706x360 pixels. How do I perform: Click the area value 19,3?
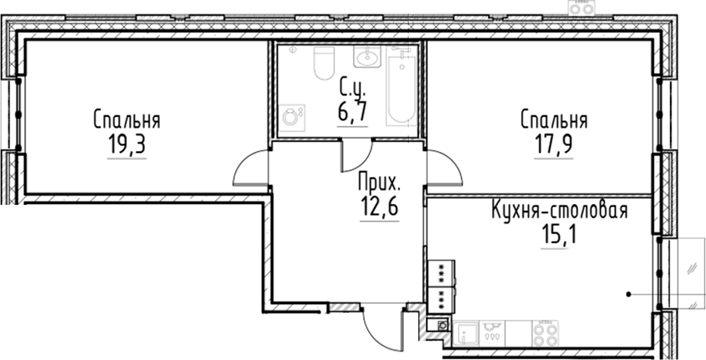pyautogui.click(x=126, y=144)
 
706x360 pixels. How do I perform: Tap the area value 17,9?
pyautogui.click(x=553, y=144)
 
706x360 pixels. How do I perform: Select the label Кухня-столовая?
pyautogui.click(x=559, y=210)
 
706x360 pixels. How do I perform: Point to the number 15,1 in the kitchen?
pyautogui.click(x=559, y=234)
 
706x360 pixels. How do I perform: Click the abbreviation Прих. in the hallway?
pyautogui.click(x=379, y=183)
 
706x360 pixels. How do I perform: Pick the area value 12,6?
pyautogui.click(x=379, y=206)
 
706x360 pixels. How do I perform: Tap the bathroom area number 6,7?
pyautogui.click(x=352, y=111)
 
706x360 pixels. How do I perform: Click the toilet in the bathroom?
pyautogui.click(x=324, y=62)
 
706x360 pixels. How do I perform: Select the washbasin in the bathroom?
pyautogui.click(x=367, y=56)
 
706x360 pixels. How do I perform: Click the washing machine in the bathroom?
pyautogui.click(x=291, y=118)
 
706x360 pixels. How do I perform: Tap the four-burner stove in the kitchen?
pyautogui.click(x=545, y=333)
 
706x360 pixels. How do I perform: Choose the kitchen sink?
pyautogui.click(x=466, y=334)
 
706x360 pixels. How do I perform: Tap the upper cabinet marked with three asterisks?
pyautogui.click(x=441, y=273)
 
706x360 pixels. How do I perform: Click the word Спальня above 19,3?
pyautogui.click(x=127, y=121)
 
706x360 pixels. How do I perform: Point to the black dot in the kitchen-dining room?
pyautogui.click(x=628, y=295)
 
